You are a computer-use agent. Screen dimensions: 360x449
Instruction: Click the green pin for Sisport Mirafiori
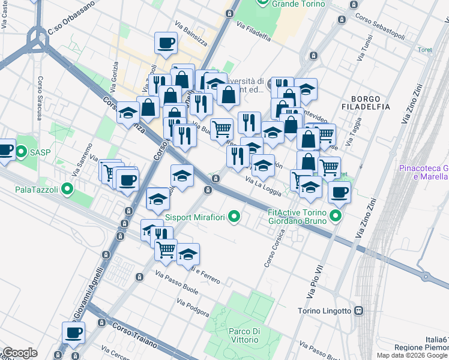tap(235, 217)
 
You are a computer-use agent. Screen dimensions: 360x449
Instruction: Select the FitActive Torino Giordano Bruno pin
tap(336, 217)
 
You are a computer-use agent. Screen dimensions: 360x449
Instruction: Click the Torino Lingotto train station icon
tap(358, 311)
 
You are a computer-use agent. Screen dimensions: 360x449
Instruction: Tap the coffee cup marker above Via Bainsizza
tap(166, 43)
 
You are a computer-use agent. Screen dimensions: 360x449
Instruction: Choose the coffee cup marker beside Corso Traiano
tap(73, 332)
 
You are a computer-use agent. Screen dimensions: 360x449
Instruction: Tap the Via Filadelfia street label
tap(253, 32)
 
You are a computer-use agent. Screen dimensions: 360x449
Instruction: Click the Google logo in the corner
tap(19, 353)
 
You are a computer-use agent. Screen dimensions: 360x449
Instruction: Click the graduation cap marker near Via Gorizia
tap(128, 112)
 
